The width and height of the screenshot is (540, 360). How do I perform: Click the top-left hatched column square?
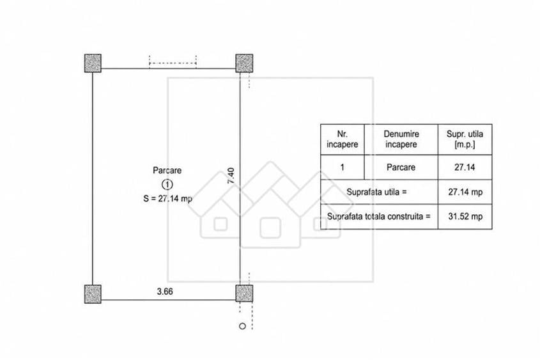tap(93, 63)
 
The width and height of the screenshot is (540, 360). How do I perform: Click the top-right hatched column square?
tap(244, 63)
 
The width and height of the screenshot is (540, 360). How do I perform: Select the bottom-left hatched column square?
tap(93, 294)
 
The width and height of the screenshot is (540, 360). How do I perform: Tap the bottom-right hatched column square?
tap(244, 293)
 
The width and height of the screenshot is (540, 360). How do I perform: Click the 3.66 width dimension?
tap(165, 292)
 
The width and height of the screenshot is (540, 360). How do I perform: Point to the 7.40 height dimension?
tap(231, 175)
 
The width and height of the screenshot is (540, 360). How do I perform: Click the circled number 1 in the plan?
tap(167, 185)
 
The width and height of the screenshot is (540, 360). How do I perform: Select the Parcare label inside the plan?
tap(167, 170)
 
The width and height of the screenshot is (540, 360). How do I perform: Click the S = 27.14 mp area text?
tap(167, 199)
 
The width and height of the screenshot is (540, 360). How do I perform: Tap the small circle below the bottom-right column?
tap(242, 326)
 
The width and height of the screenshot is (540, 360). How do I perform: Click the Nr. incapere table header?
tap(343, 139)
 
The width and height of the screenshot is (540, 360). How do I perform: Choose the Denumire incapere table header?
tap(401, 139)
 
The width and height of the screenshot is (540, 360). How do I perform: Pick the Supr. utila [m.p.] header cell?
tap(465, 139)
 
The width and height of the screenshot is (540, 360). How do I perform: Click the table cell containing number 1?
tap(343, 167)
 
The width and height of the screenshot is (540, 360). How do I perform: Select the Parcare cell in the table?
tap(401, 167)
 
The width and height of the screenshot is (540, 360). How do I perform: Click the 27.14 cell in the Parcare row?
tap(465, 167)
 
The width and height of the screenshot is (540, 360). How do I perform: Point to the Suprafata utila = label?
tap(376, 192)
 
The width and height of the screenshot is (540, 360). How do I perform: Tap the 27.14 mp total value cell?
tap(465, 192)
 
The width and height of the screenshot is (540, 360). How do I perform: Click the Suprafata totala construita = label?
tap(378, 217)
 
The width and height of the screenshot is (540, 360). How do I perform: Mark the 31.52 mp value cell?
tap(465, 217)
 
